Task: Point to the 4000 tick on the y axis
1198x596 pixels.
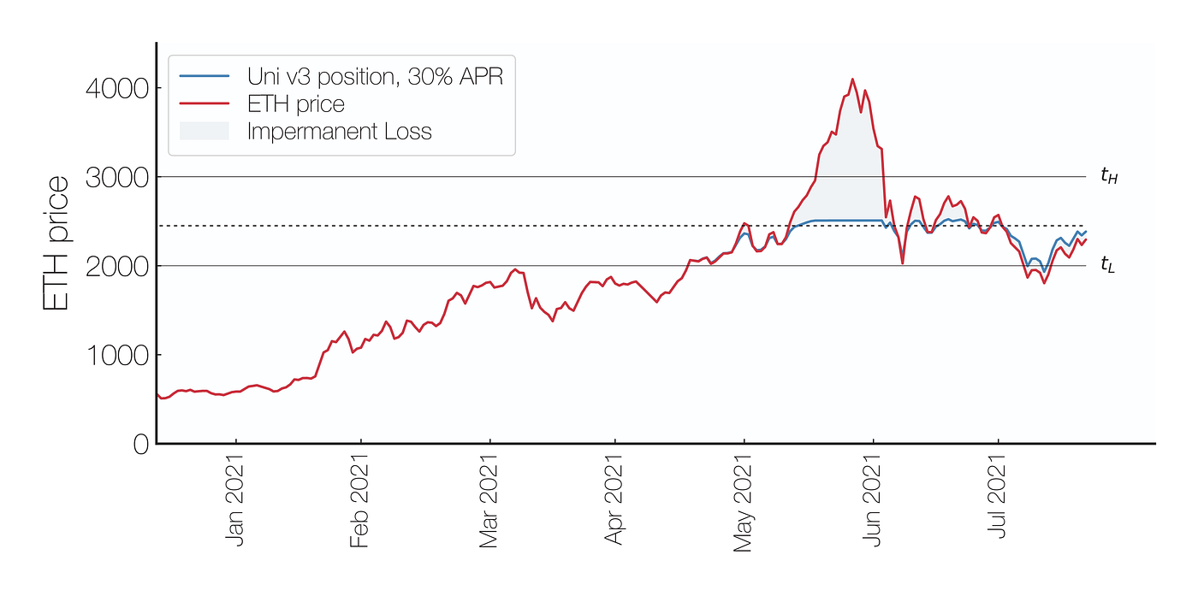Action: pos(116,88)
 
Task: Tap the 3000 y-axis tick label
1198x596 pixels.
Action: pos(116,177)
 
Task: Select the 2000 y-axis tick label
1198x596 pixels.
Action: pos(116,266)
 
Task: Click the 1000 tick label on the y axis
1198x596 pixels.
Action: pos(116,355)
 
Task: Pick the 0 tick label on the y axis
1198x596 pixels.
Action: pos(140,444)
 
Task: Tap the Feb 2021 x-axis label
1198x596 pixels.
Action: pos(359,503)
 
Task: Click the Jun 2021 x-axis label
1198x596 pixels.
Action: pos(872,503)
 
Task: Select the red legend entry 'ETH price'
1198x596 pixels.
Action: pos(296,104)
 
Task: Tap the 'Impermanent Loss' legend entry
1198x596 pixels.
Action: pos(339,132)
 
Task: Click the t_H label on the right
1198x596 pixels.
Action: pos(1109,177)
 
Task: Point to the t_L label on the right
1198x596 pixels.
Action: pos(1108,265)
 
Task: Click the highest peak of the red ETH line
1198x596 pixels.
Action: pos(852,80)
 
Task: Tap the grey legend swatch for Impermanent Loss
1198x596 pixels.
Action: pos(204,132)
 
